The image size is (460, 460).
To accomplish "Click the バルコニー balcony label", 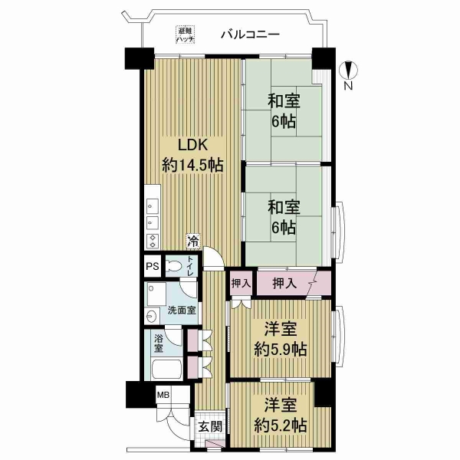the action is (x=250, y=34).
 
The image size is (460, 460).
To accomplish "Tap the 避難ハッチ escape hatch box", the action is (x=186, y=34).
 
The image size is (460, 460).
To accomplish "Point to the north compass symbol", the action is (x=349, y=71).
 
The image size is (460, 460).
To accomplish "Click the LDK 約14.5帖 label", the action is (x=192, y=156).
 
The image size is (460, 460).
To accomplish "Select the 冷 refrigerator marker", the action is (x=193, y=242).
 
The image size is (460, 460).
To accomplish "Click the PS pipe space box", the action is (x=153, y=266).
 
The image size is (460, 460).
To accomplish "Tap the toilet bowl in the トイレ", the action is (x=175, y=266).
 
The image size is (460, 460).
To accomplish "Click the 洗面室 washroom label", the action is (x=182, y=310).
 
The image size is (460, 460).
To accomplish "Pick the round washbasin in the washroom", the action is (x=152, y=316).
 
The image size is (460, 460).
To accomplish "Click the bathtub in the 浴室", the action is (x=166, y=369).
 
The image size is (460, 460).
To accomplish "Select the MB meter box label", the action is (x=163, y=395).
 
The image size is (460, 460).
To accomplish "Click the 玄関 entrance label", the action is (x=210, y=427).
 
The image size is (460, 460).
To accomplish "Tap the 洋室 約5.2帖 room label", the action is (x=281, y=415).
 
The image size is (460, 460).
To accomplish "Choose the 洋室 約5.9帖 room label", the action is (x=281, y=339).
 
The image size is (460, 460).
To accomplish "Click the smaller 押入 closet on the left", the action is (x=241, y=284).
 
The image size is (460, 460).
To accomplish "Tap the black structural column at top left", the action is (x=140, y=58).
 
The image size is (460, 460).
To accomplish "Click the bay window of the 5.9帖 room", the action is (x=338, y=336).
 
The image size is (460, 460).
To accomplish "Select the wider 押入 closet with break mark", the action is (x=294, y=284).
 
